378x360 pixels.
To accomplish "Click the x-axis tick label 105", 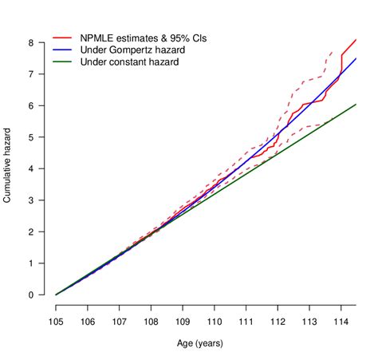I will coord(56,322).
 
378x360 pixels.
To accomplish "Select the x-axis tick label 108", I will coord(151,322).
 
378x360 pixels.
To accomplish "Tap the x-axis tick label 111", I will coord(246,322).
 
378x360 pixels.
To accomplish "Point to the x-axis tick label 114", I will coord(341,322).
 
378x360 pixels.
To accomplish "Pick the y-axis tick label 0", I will coord(33,295).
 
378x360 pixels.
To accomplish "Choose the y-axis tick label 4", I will coord(33,168).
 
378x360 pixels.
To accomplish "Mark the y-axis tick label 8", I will coord(33,42).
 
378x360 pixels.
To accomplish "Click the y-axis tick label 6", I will coord(33,105).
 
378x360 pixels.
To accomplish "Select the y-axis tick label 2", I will coord(33,232).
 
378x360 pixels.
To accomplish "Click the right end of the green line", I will coord(356,105).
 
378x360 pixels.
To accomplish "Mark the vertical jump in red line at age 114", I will coord(341,65).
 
